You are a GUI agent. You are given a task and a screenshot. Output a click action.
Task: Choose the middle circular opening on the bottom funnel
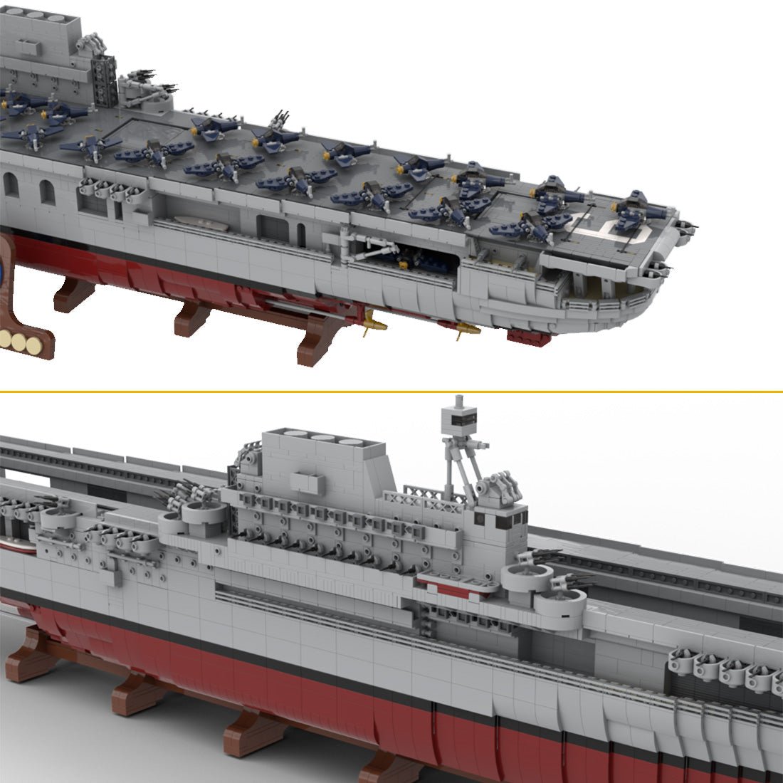pyautogui.click(x=324, y=438)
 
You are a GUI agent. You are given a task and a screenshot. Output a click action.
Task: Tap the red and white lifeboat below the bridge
pyautogui.click(x=456, y=582)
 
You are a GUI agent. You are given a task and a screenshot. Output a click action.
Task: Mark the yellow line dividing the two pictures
pyautogui.click(x=391, y=391)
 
